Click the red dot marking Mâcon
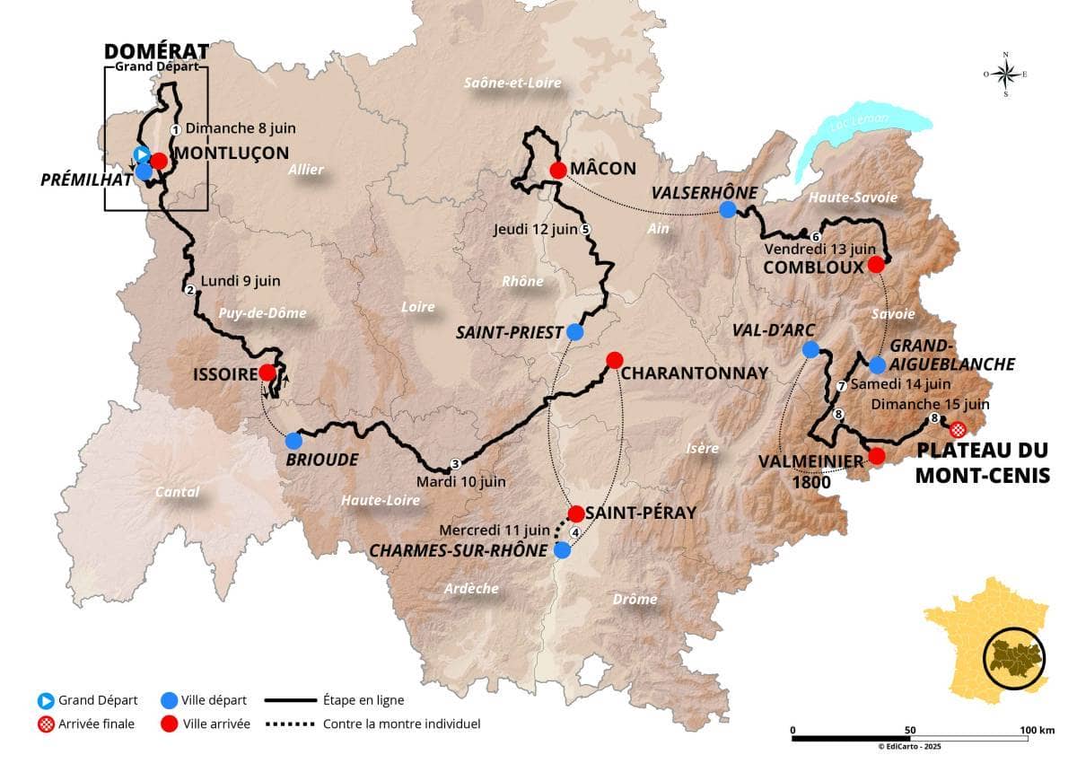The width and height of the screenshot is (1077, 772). click(557, 170)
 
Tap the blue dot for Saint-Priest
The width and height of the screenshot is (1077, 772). click(575, 332)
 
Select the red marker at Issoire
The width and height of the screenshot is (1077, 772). click(267, 372)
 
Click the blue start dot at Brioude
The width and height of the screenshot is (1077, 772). click(293, 441)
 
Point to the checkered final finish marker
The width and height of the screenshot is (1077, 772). click(958, 429)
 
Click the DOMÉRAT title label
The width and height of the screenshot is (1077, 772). click(156, 51)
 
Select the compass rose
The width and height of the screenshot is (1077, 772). click(1005, 75)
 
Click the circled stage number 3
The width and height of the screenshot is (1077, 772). click(455, 464)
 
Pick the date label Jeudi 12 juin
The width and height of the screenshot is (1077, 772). click(535, 229)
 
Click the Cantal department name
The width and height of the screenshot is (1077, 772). click(177, 492)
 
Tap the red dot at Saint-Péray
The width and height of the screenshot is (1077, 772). click(576, 513)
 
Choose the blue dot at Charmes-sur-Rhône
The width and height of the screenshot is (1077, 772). click(562, 550)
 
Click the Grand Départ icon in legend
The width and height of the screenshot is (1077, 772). click(45, 700)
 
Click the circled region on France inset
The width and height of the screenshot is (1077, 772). click(1014, 657)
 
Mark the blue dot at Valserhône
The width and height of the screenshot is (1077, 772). click(728, 210)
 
